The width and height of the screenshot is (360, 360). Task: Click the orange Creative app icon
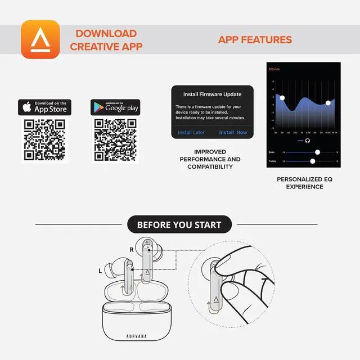point(40,39)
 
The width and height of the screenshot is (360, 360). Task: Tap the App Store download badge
point(45,107)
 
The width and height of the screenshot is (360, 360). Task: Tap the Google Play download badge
point(115,107)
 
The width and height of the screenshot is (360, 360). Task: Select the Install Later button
point(191,133)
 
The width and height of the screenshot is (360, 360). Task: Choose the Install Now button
point(233,133)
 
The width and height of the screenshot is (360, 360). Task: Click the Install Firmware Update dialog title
point(212,94)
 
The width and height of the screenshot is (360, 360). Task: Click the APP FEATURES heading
point(255,40)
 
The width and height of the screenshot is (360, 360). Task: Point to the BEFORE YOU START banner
point(179,225)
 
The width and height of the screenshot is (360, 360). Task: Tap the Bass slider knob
point(318,152)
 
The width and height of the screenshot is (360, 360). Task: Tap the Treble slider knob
point(313,161)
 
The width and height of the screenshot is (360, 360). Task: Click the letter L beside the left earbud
point(100,271)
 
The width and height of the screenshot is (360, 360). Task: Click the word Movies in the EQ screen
point(275,69)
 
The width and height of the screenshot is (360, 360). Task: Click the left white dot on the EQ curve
point(282,98)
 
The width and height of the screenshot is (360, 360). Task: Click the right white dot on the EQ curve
point(328,103)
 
